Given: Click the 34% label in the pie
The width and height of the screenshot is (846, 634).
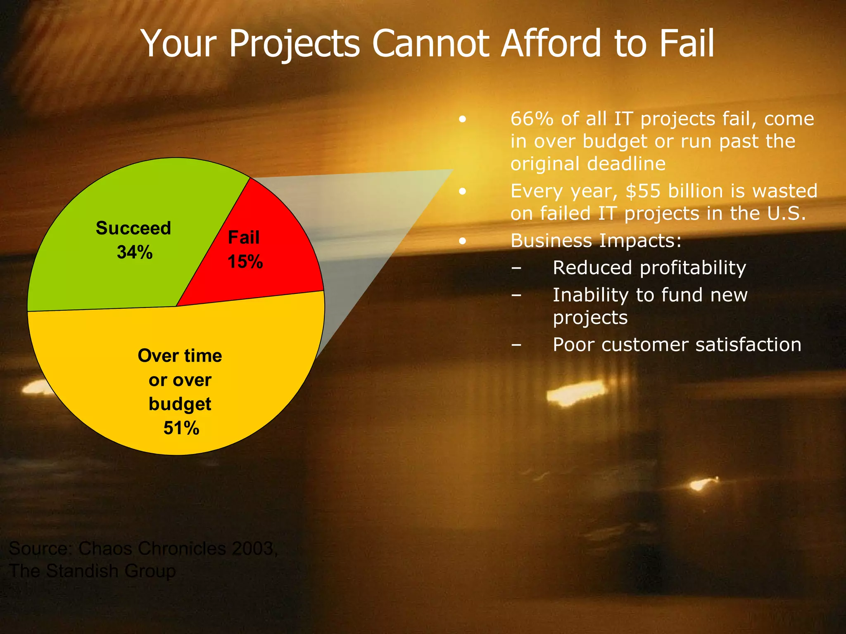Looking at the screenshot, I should (135, 252).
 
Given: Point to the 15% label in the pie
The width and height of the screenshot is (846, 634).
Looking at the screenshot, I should (245, 262).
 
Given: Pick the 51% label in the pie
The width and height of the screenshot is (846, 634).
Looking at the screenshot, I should (181, 428).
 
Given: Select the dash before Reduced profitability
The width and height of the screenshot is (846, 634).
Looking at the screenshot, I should (516, 268).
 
